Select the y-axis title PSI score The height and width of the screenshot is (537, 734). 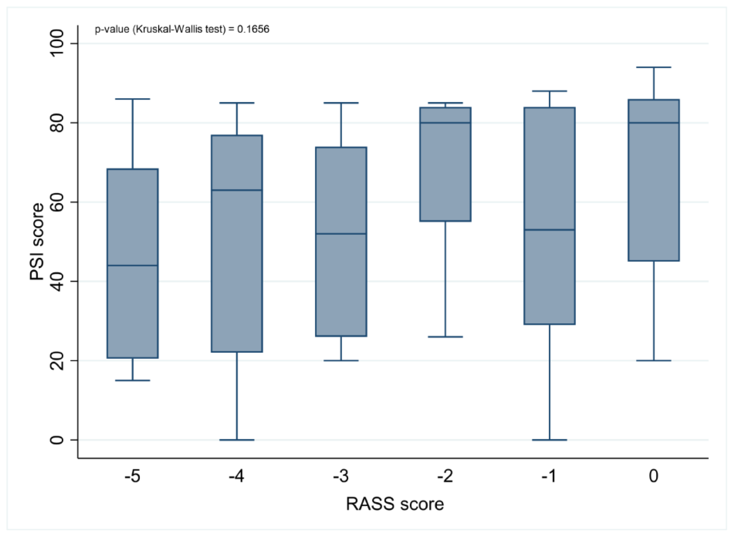[37, 241]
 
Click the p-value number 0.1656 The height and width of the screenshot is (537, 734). [253, 29]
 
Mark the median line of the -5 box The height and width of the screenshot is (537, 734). [133, 265]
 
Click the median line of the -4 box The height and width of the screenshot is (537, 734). [237, 190]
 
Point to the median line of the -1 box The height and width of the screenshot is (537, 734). [549, 230]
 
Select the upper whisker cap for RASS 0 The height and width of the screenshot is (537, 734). [654, 67]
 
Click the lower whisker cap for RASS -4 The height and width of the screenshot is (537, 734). [237, 440]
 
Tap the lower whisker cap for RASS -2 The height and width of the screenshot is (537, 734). [445, 337]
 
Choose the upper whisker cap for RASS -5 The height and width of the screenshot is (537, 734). [133, 99]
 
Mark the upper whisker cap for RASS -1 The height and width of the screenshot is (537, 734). [549, 91]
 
